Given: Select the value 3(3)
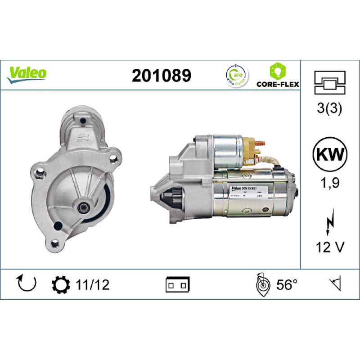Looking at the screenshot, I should tap(330, 109).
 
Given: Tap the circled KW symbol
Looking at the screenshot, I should tap(330, 155).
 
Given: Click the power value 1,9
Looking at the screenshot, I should tap(330, 183).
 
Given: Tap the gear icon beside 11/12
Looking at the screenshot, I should tap(61, 284).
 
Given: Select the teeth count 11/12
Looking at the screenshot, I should tap(93, 284).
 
